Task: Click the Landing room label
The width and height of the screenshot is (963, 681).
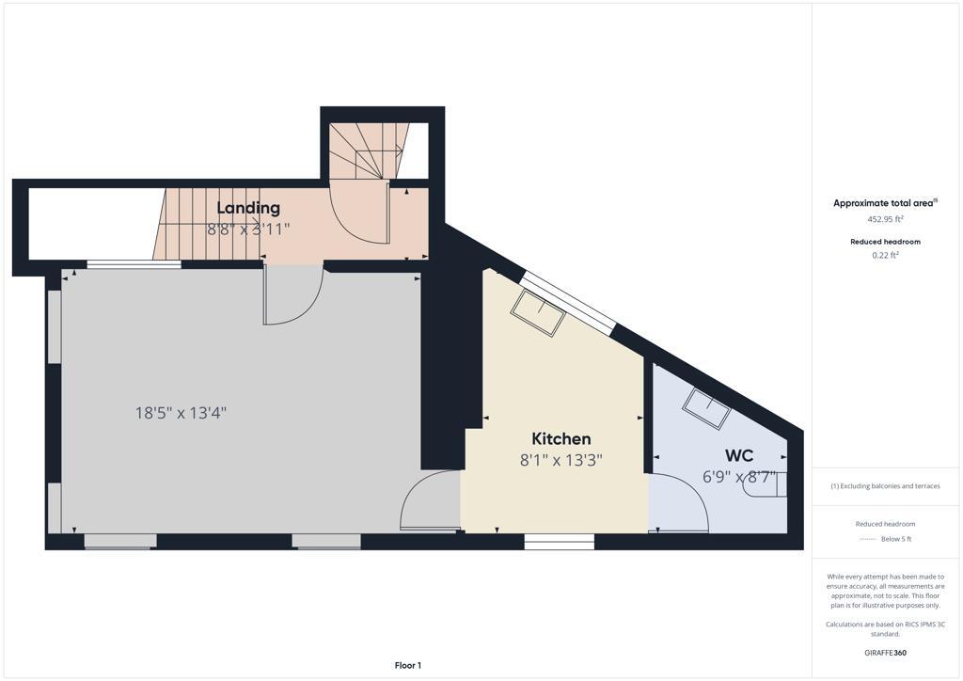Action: click(248, 208)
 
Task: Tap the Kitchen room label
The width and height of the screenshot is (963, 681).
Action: click(561, 439)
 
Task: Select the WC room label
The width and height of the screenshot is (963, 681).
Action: click(739, 455)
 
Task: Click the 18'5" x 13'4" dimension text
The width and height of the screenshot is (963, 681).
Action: click(182, 413)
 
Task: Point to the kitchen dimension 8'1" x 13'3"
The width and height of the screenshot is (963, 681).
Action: click(561, 460)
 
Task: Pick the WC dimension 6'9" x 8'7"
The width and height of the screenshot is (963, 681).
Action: click(739, 477)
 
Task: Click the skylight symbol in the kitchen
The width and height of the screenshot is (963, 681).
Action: click(538, 312)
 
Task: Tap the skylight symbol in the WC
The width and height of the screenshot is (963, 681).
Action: click(707, 409)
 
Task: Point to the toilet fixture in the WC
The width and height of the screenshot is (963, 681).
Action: click(764, 483)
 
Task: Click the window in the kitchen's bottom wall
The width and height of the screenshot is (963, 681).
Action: click(560, 542)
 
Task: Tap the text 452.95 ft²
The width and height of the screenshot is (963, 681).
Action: click(885, 218)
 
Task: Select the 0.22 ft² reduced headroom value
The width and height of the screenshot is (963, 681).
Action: click(885, 255)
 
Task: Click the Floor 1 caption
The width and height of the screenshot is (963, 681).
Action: click(408, 666)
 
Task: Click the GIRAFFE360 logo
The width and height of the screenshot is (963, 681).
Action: click(885, 653)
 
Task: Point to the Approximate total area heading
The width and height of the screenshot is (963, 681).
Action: click(885, 203)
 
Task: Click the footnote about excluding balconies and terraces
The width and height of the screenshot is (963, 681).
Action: click(885, 486)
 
